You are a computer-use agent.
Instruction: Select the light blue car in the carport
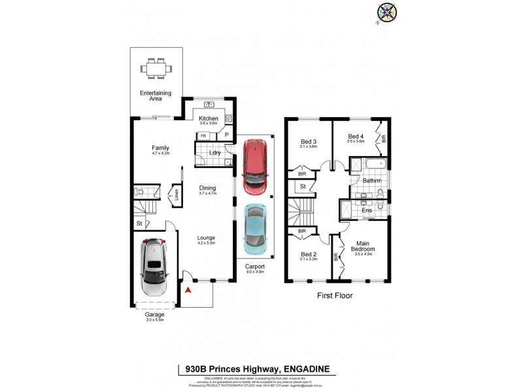tap(255, 229)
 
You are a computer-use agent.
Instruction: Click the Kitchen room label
tap(208, 118)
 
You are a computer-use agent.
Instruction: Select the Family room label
tap(160, 148)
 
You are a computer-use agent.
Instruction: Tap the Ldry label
tap(214, 153)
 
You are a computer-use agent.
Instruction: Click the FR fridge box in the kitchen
tap(204, 136)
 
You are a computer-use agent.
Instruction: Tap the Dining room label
tap(208, 188)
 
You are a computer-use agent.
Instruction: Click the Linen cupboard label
tap(175, 195)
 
